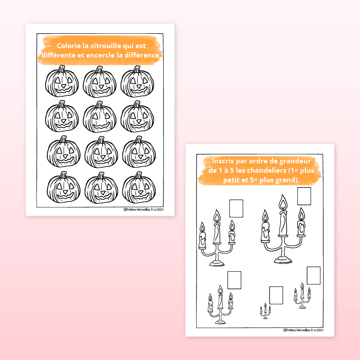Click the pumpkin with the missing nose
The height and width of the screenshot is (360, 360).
99,117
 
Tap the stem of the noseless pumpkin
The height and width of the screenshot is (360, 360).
99,104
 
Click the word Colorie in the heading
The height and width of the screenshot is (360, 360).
69,46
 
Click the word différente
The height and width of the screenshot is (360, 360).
58,55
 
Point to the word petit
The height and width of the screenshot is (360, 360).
230,180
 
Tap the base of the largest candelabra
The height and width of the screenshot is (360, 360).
283,261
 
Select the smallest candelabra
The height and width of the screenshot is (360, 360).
265,311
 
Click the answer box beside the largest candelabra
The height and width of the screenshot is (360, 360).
304,196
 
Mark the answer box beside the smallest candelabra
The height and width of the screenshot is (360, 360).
276,295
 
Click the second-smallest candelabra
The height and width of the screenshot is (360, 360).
302,296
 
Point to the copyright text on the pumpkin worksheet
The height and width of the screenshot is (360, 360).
144,209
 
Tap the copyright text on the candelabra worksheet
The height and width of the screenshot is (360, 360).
303,330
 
